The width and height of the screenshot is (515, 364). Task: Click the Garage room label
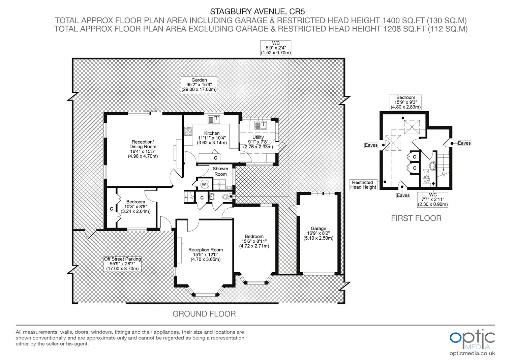click(319, 233)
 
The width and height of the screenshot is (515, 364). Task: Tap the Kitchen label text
click(212, 138)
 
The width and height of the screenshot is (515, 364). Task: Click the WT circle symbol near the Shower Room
click(205, 184)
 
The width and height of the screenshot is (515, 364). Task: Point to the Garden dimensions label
click(199, 85)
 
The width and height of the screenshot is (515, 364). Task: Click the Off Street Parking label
click(122, 264)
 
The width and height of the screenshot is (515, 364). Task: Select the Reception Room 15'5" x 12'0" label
click(205, 254)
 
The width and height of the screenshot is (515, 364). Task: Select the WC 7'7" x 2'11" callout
click(433, 200)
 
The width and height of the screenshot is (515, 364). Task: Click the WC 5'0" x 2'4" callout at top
click(275, 48)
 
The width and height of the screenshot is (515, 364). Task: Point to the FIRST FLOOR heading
click(416, 218)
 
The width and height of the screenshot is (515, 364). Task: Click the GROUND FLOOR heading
click(204, 314)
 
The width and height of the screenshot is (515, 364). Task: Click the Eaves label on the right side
click(464, 143)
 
